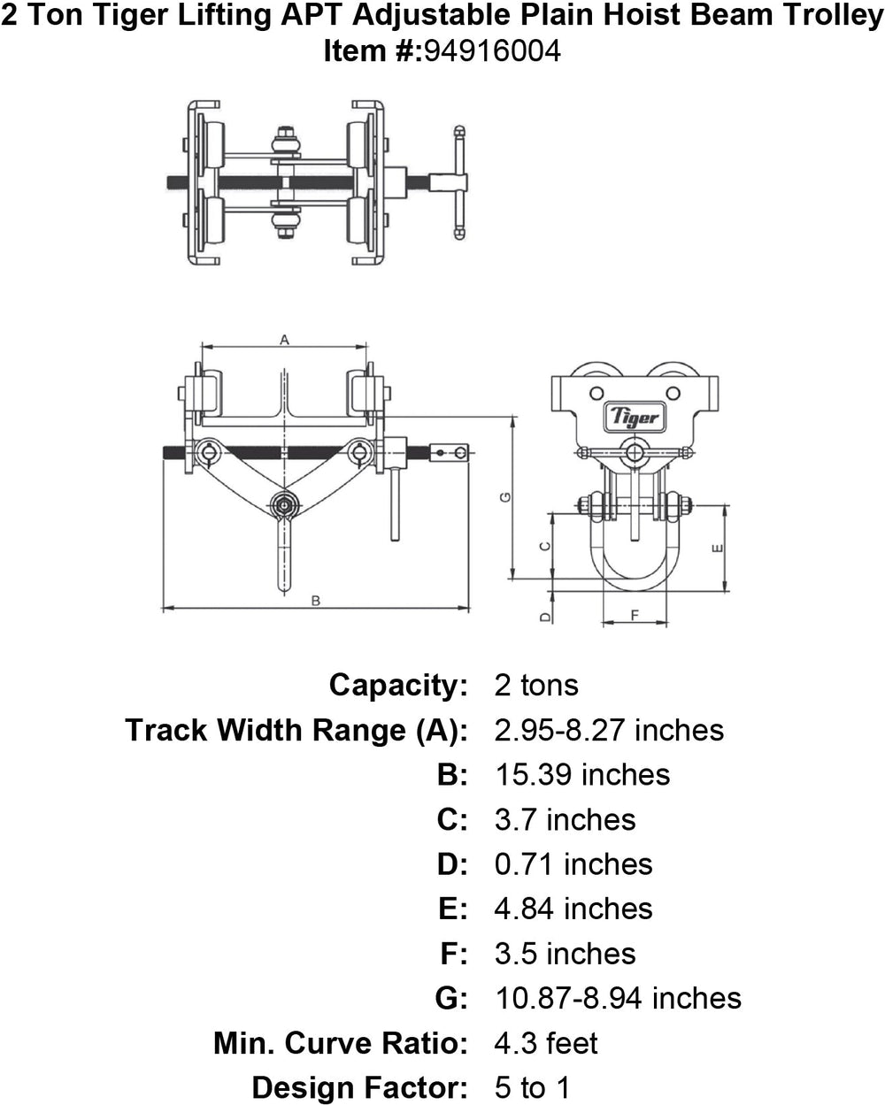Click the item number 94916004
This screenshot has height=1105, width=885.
(x=492, y=51)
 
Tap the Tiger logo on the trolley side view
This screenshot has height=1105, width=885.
(x=633, y=415)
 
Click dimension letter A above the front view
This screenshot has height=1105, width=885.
(x=284, y=339)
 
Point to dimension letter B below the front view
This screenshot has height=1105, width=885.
(x=315, y=601)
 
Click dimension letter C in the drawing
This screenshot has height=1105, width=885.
(x=545, y=546)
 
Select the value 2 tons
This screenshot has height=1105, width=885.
(x=536, y=685)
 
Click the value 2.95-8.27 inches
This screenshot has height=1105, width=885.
(x=609, y=730)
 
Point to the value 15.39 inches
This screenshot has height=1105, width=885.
(x=582, y=774)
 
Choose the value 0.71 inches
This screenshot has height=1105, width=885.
(x=573, y=863)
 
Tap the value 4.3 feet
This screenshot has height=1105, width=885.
(x=546, y=1042)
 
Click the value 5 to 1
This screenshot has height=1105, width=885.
(x=532, y=1086)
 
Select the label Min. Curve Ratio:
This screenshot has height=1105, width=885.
(x=340, y=1042)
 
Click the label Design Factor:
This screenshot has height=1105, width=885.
(x=359, y=1086)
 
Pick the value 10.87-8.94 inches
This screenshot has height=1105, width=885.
(x=618, y=998)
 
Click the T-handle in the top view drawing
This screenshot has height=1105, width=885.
(x=459, y=183)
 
